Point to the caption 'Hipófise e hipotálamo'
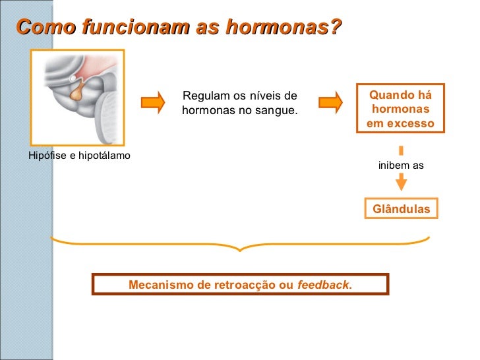(x=79, y=156)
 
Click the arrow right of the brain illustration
(x=153, y=102)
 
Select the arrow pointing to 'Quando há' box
(x=331, y=102)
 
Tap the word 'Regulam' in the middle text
(x=203, y=96)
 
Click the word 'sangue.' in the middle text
(x=276, y=110)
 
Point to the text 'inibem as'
(x=401, y=165)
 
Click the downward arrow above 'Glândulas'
(x=401, y=183)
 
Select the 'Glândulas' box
(x=401, y=209)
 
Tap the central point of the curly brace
(x=241, y=249)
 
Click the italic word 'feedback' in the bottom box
(x=323, y=285)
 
